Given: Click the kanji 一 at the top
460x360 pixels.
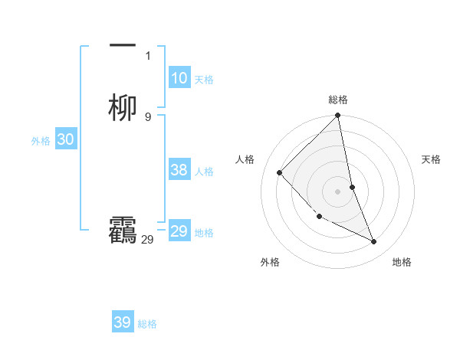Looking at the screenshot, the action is [123, 45].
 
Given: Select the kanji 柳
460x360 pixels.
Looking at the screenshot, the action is [123, 108].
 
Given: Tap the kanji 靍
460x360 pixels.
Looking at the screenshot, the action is [123, 231].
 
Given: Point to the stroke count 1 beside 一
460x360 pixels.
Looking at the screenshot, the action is [148, 55].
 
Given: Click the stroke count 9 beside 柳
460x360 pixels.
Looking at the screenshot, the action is [148, 116].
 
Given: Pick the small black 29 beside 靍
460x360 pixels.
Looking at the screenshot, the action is [147, 240].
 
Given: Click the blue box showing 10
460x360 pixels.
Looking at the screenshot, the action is [179, 78].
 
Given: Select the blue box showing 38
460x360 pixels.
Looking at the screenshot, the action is [179, 170].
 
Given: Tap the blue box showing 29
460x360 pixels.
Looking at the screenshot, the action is [179, 231].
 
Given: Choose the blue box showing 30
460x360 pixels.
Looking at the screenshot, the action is [65, 139].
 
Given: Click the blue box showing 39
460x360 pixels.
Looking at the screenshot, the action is [123, 322].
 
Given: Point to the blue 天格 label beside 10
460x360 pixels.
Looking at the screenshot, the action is [204, 80].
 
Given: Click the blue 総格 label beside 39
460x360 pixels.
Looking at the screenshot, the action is [147, 324].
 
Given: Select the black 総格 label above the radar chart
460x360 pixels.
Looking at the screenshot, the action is [338, 100].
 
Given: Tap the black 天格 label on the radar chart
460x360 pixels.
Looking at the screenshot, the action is [432, 159].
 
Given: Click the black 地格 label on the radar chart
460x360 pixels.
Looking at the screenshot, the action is [402, 262].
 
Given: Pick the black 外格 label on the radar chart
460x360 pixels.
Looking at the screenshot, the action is [270, 262].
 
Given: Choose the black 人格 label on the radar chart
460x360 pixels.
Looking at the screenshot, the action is [245, 159].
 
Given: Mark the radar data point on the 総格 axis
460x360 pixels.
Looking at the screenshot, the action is [338, 116].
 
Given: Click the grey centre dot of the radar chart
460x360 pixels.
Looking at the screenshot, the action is [338, 191].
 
